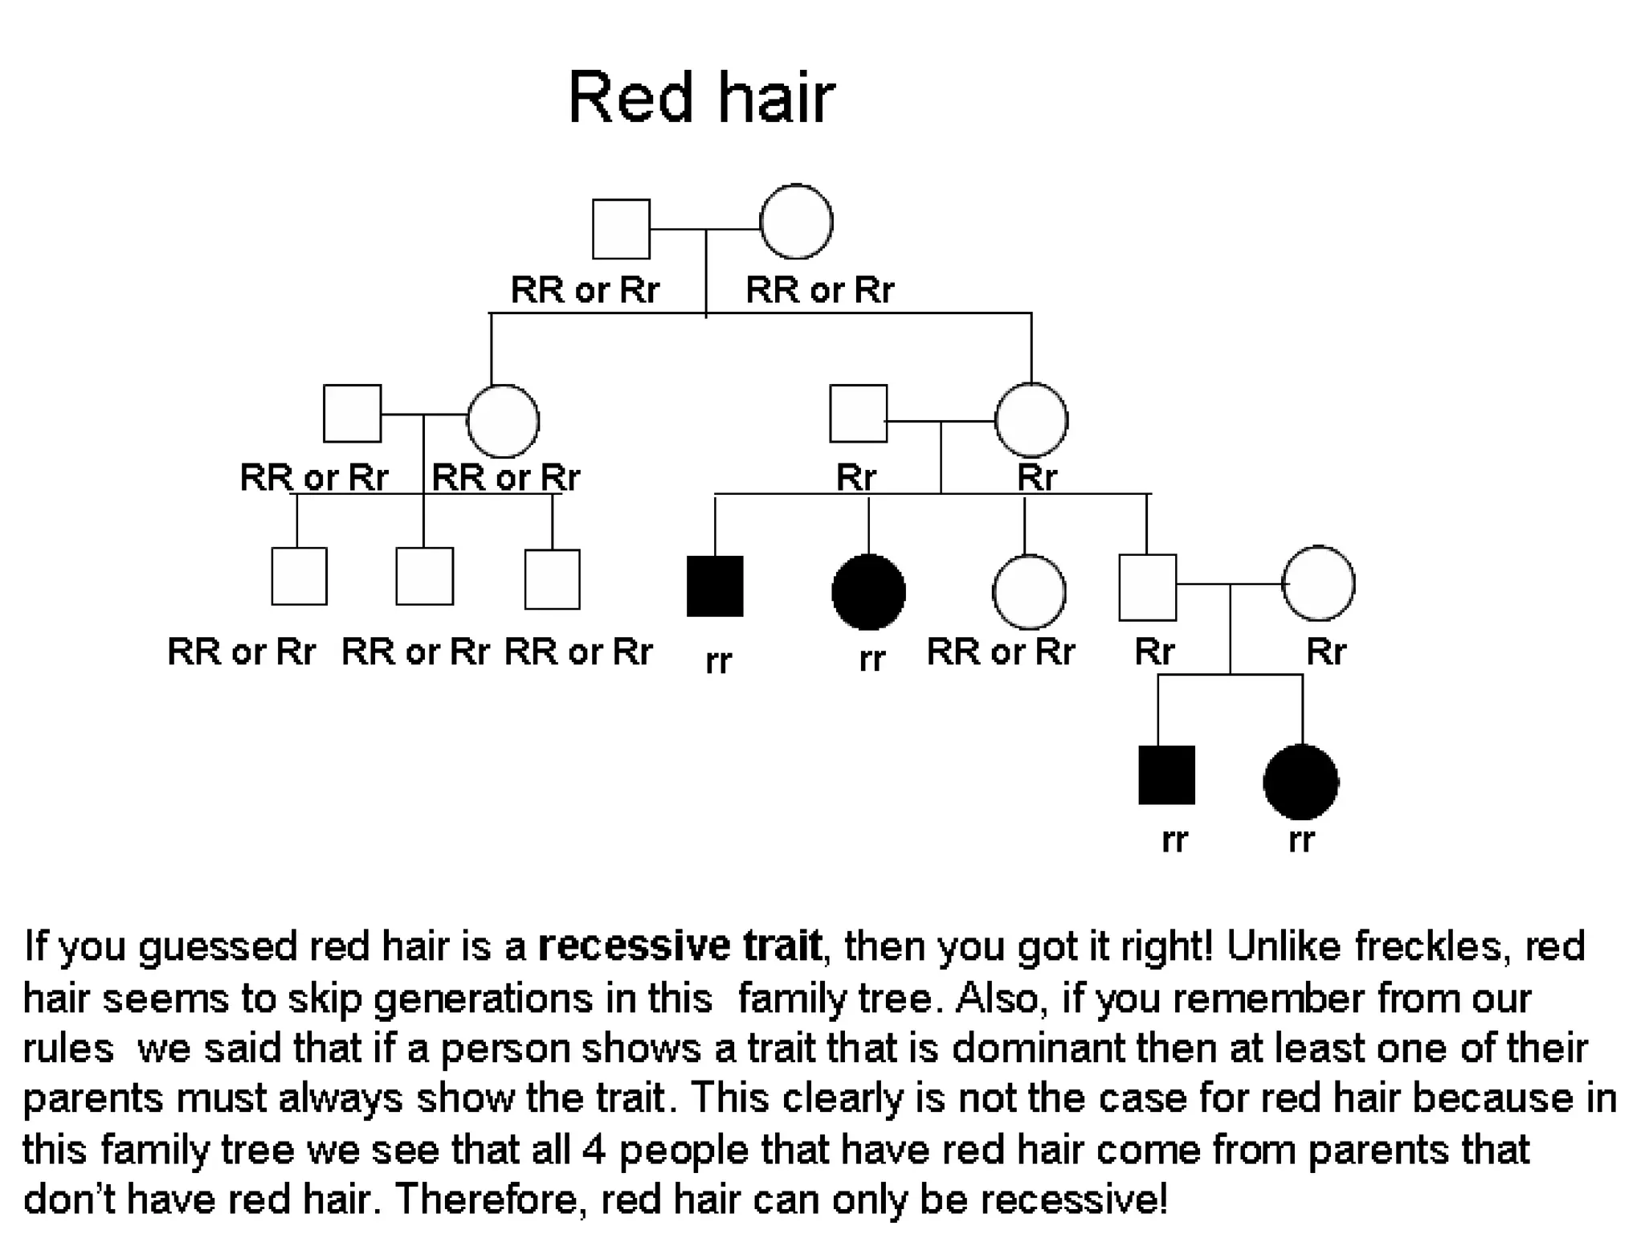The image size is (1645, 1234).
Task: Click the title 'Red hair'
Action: pyautogui.click(x=701, y=98)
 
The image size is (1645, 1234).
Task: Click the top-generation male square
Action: pyautogui.click(x=621, y=229)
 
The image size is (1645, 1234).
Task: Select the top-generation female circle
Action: pyautogui.click(x=796, y=222)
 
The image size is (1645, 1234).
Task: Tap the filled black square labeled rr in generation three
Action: pyautogui.click(x=715, y=586)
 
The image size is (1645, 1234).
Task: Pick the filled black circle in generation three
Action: pyautogui.click(x=868, y=592)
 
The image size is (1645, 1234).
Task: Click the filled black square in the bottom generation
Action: pyautogui.click(x=1166, y=775)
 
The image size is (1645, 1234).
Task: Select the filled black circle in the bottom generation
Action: pyautogui.click(x=1301, y=782)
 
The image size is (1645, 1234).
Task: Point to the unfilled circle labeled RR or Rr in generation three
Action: pyautogui.click(x=1029, y=592)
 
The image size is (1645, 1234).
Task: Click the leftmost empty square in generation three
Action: pyautogui.click(x=299, y=576)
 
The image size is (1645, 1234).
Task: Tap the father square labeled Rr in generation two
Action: pyautogui.click(x=858, y=414)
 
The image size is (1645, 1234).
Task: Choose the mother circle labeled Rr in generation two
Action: pyautogui.click(x=1031, y=420)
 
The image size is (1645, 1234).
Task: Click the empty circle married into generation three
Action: pyautogui.click(x=1318, y=584)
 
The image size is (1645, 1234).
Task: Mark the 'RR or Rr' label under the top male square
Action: pyautogui.click(x=585, y=289)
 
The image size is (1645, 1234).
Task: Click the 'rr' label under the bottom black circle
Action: pyautogui.click(x=1301, y=840)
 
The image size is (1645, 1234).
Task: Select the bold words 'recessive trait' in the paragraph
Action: pyautogui.click(x=680, y=946)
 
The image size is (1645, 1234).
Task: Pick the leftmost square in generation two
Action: pyautogui.click(x=352, y=414)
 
